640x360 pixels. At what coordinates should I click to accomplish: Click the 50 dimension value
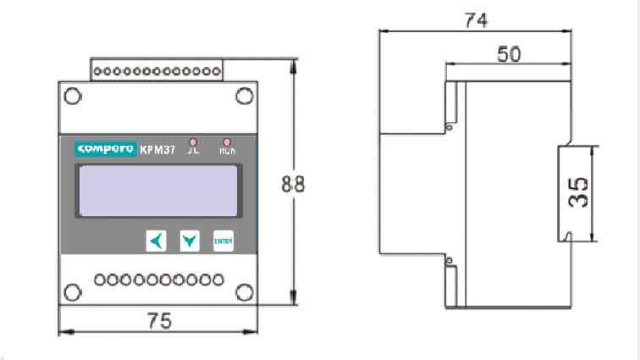point(508,53)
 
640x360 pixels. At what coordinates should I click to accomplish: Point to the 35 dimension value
point(579,192)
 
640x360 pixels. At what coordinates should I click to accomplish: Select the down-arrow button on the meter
point(190,241)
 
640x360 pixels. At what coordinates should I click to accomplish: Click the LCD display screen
point(158,191)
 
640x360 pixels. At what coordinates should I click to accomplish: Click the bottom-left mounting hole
point(74,293)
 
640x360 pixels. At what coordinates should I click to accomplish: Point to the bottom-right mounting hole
point(243,293)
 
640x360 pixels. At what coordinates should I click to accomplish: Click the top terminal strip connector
point(157,70)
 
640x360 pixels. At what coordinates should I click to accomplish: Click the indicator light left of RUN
point(193,141)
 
